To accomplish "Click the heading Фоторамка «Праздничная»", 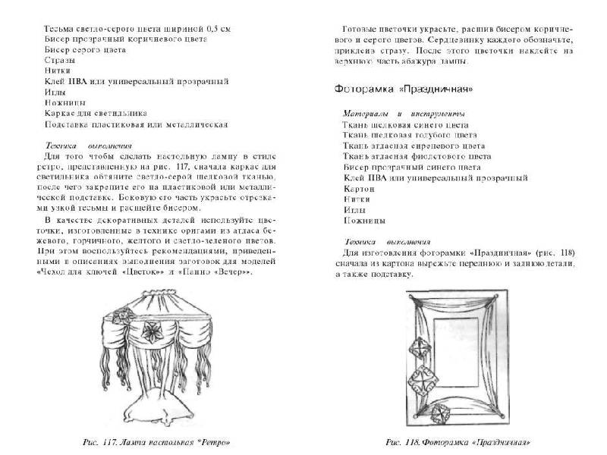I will pyautogui.click(x=404, y=89).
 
